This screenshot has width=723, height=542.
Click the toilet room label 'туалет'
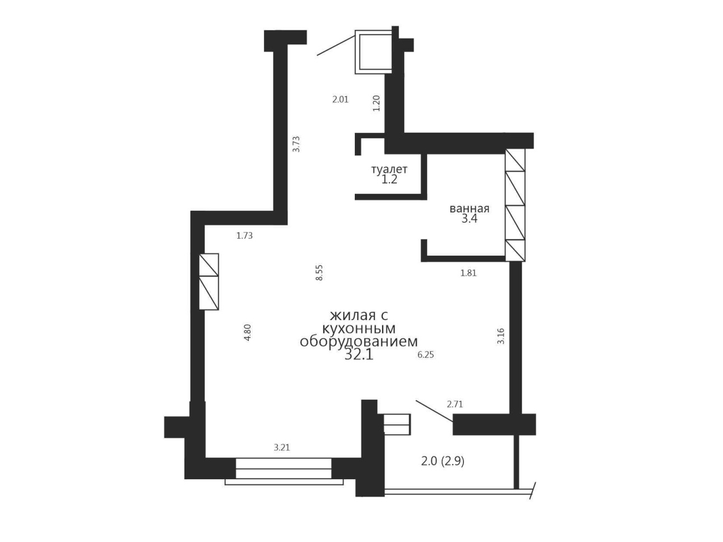pyautogui.click(x=389, y=169)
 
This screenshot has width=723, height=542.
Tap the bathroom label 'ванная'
pyautogui.click(x=469, y=209)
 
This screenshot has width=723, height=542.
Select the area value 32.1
pyautogui.click(x=359, y=355)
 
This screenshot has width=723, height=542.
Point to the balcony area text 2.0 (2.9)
pyautogui.click(x=443, y=461)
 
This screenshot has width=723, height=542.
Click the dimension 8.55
pyautogui.click(x=319, y=272)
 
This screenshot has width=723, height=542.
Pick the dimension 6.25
pyautogui.click(x=425, y=355)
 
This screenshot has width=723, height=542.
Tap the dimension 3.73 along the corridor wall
pyautogui.click(x=297, y=144)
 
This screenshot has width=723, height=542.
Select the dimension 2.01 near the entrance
pyautogui.click(x=340, y=100)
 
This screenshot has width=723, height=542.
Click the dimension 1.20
pyautogui.click(x=377, y=103)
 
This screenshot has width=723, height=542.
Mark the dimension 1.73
pyautogui.click(x=244, y=236)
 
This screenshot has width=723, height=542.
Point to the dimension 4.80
pyautogui.click(x=247, y=333)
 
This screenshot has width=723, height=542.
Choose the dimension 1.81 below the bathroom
pyautogui.click(x=468, y=274)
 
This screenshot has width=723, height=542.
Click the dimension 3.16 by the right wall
pyautogui.click(x=501, y=336)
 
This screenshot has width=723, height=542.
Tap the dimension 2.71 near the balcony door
pyautogui.click(x=455, y=404)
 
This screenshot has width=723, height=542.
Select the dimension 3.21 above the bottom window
pyautogui.click(x=281, y=448)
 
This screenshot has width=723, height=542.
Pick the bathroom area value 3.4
pyautogui.click(x=469, y=219)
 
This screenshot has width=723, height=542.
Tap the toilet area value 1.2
pyautogui.click(x=389, y=180)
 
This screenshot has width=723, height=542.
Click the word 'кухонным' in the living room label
pyautogui.click(x=359, y=328)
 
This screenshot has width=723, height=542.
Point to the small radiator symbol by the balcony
pyautogui.click(x=397, y=424)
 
